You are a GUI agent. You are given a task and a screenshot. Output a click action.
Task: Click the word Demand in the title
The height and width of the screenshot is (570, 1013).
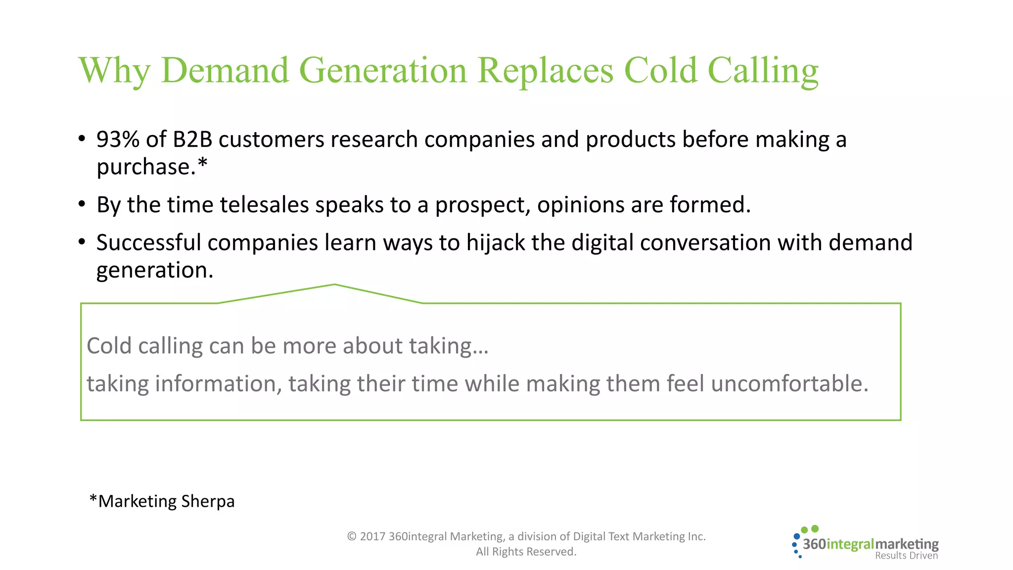point(225,70)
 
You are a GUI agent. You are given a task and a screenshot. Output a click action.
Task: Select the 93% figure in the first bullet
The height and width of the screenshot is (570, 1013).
point(118,140)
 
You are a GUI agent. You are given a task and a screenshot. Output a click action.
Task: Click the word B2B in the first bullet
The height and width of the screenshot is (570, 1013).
point(192,140)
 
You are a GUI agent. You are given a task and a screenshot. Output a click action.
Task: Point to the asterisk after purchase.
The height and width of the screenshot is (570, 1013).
point(202,163)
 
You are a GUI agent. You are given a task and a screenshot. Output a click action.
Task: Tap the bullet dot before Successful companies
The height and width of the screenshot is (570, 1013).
point(82,242)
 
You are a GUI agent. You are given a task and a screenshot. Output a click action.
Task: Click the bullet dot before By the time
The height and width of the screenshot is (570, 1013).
point(82,204)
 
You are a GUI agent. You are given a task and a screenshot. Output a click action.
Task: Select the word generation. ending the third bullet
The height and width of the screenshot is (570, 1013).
point(154,271)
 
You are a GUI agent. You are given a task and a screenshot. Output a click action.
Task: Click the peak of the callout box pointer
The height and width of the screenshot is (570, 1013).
point(334,285)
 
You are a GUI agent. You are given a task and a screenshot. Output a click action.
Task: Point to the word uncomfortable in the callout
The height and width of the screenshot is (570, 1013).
point(789,384)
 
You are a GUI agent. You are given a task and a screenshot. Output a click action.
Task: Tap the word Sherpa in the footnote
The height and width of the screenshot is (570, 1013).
point(208,501)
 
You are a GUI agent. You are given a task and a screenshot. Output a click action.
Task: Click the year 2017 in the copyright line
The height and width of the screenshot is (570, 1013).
point(372,536)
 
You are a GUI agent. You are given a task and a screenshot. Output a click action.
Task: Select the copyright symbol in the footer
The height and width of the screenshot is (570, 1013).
point(352,536)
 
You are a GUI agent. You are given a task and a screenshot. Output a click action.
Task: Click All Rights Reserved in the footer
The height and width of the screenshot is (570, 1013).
point(526,552)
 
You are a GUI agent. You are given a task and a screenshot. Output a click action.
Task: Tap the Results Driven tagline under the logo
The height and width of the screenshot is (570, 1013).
point(906,556)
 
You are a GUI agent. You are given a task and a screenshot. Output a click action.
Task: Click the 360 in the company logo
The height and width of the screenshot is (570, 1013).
point(814,544)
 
